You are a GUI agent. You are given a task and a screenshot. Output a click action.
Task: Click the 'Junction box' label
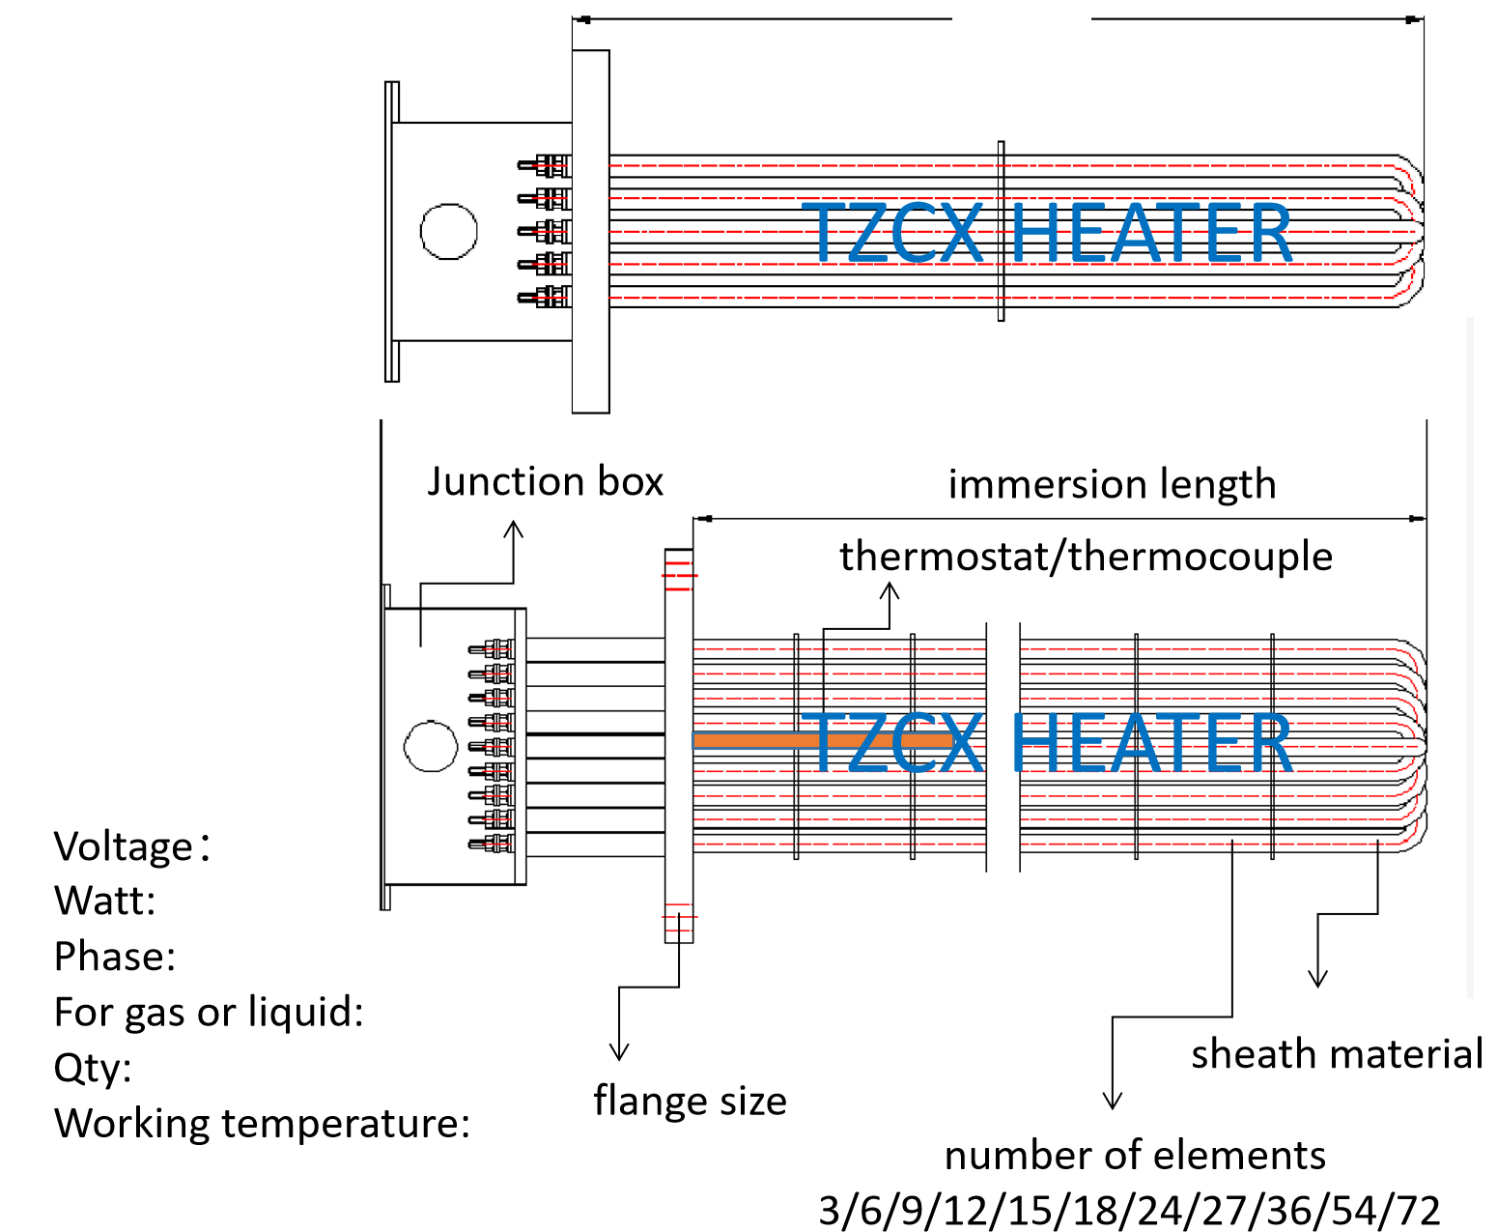pyautogui.click(x=545, y=481)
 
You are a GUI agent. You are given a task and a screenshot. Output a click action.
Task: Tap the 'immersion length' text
pyautogui.click(x=1112, y=484)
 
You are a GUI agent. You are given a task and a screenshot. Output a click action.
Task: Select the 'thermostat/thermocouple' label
pyautogui.click(x=1086, y=557)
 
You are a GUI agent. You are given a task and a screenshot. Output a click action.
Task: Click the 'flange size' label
pyautogui.click(x=690, y=1101)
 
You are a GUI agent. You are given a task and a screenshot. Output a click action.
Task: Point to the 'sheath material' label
pyautogui.click(x=1337, y=1053)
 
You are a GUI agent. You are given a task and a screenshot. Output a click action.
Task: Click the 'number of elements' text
pyautogui.click(x=1135, y=1155)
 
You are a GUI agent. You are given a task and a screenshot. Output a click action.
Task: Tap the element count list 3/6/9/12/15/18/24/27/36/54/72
pyautogui.click(x=1129, y=1209)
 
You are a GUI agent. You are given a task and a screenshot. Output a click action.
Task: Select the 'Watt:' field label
pyautogui.click(x=104, y=901)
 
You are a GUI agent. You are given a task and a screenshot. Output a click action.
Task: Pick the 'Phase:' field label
pyautogui.click(x=115, y=957)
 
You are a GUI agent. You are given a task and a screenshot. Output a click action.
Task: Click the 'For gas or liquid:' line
pyautogui.click(x=209, y=1012)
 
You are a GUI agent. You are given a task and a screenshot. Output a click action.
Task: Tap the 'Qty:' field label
pyautogui.click(x=93, y=1068)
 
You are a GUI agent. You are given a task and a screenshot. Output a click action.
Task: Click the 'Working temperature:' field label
pyautogui.click(x=262, y=1123)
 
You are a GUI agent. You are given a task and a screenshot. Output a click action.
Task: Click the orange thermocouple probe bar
pyautogui.click(x=821, y=741)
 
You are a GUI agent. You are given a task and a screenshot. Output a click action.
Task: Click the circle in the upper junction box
pyautogui.click(x=449, y=232)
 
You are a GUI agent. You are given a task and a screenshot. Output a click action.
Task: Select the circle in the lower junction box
pyautogui.click(x=431, y=746)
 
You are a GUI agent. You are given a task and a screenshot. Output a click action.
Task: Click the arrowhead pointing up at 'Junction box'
pyautogui.click(x=514, y=530)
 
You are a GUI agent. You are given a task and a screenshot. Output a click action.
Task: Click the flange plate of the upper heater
pyautogui.click(x=590, y=232)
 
